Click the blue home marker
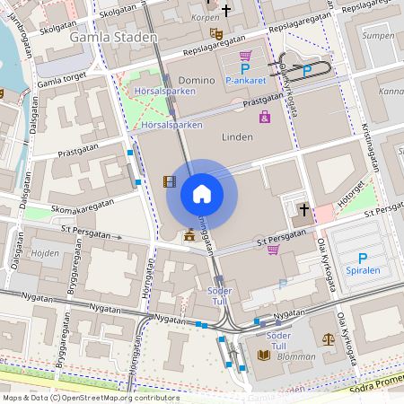[201, 194]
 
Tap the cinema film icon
[169, 181]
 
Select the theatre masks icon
[215, 34]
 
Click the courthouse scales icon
[328, 339]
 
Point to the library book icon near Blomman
[263, 356]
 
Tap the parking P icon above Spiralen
[363, 259]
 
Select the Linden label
[237, 136]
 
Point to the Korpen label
[206, 18]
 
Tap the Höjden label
[45, 253]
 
